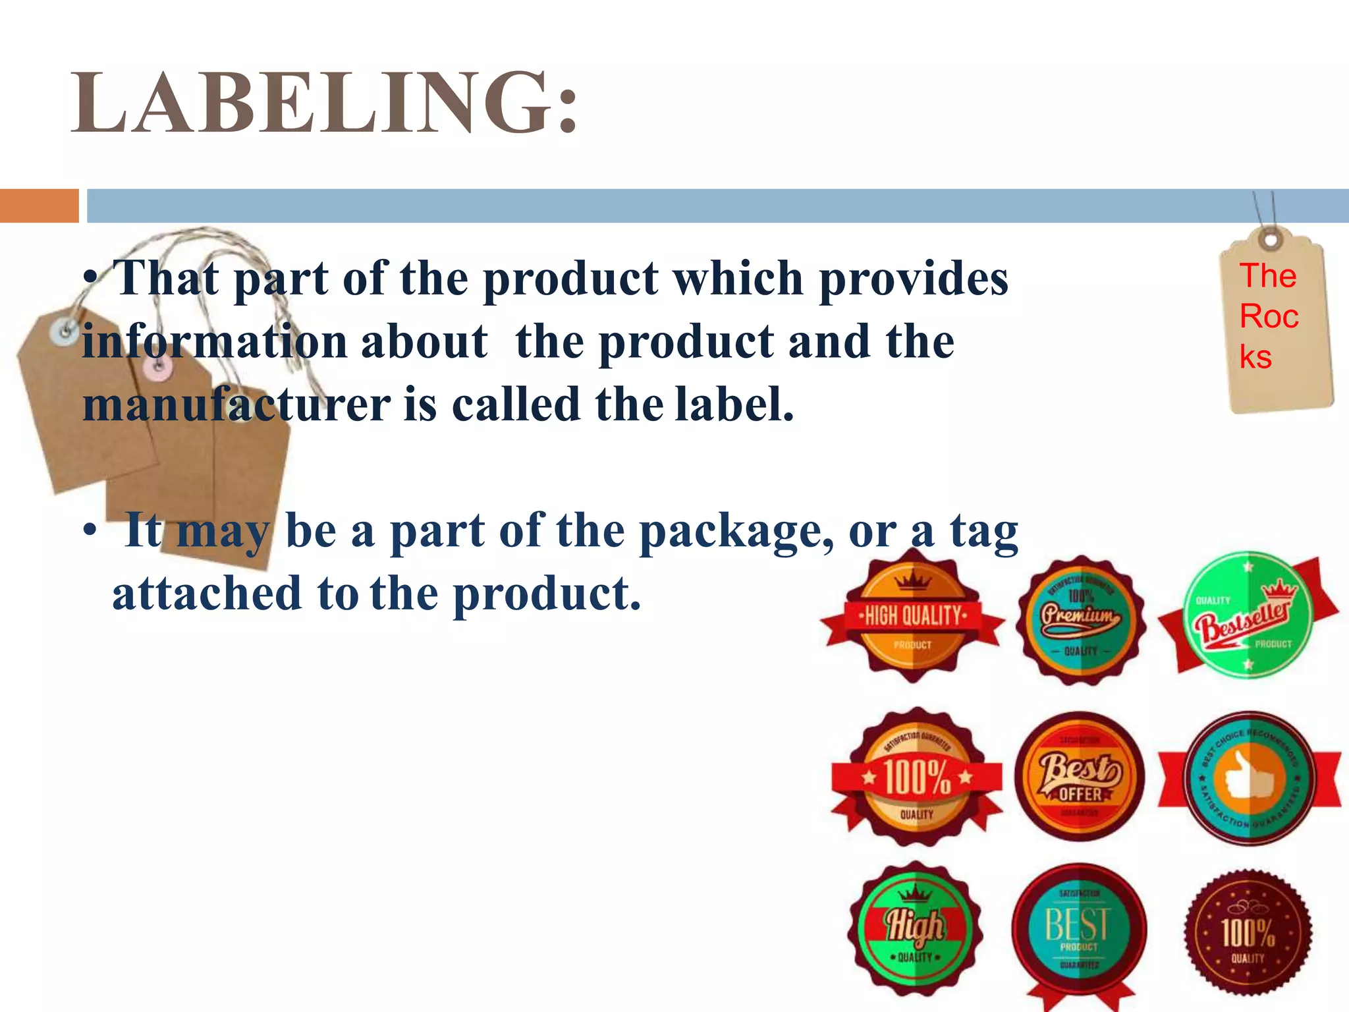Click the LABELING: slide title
point(325,103)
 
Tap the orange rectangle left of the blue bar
point(39,206)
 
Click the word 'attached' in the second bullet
point(207,593)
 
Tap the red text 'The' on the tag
point(1268,275)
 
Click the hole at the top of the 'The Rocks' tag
point(1271,239)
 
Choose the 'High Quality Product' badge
point(913,617)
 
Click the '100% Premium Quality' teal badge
point(1080,619)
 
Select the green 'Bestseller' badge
point(1247,616)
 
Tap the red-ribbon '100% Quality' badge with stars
point(916,777)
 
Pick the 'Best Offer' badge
point(1080,777)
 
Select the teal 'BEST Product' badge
point(1079,929)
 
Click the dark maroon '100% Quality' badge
point(1248,932)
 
